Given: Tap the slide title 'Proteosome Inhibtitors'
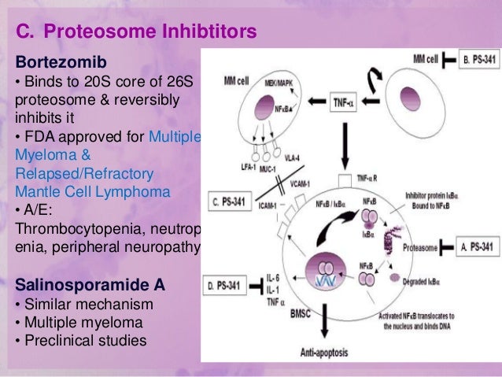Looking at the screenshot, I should click(x=149, y=32).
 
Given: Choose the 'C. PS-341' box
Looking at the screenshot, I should click(x=231, y=201).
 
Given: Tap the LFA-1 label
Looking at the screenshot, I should click(x=253, y=167).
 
